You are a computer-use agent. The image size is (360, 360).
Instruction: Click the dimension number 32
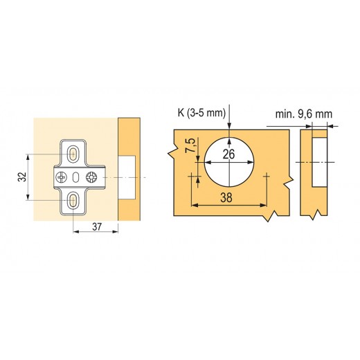pyautogui.click(x=22, y=177)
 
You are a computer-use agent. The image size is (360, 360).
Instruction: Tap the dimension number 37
pyautogui.click(x=97, y=227)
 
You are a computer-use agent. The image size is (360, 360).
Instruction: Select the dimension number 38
pyautogui.click(x=226, y=198)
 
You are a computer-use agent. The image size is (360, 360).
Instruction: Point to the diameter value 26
pyautogui.click(x=228, y=154)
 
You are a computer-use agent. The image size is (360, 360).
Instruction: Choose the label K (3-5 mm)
pyautogui.click(x=201, y=113)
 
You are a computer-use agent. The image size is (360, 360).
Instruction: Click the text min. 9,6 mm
pyautogui.click(x=304, y=114)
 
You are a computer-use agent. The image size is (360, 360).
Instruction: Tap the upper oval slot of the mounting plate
pyautogui.click(x=73, y=154)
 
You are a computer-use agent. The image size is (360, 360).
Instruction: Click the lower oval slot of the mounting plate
pyautogui.click(x=73, y=199)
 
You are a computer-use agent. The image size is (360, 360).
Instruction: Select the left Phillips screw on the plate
pyautogui.click(x=62, y=177)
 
